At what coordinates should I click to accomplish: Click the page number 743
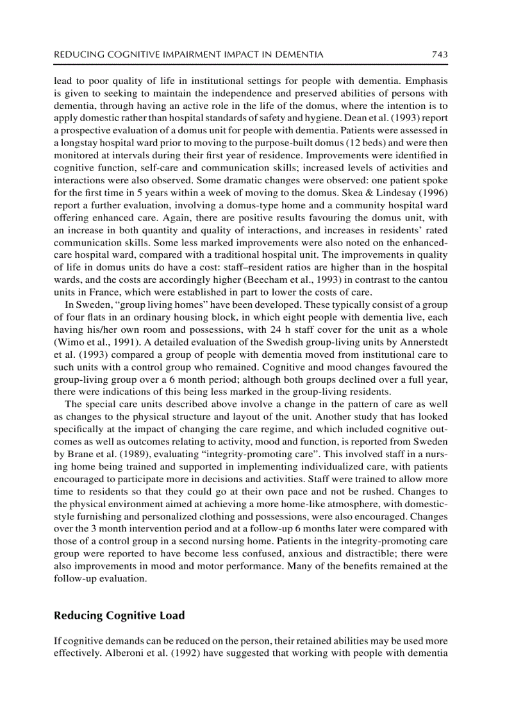point(438,55)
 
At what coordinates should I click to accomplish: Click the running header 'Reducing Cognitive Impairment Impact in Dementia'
point(188,55)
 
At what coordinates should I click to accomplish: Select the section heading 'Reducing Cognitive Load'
point(119,615)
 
